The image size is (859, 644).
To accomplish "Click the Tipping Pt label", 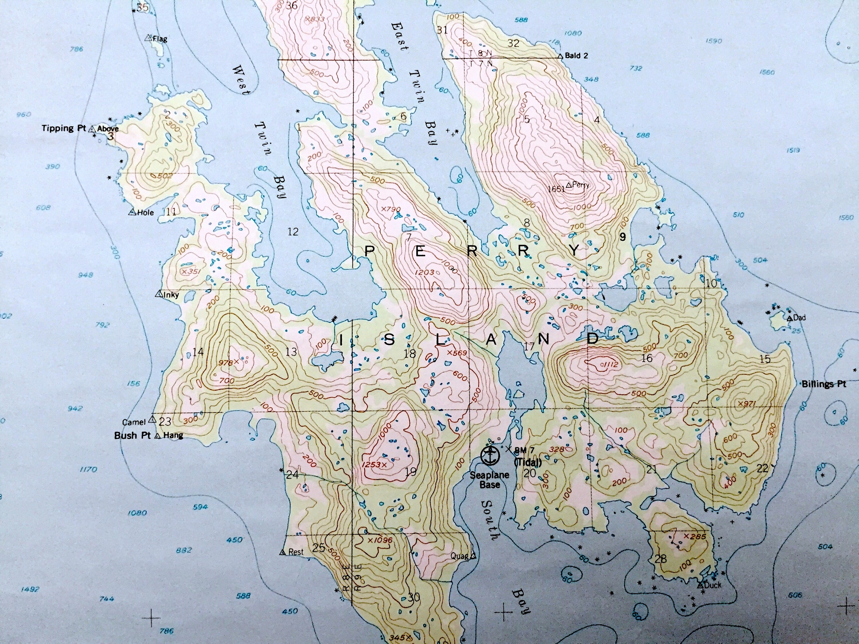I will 63,129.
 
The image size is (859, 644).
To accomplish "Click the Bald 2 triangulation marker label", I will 576,56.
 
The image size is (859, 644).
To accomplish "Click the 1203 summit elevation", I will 424,272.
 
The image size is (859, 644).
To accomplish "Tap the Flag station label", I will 160,39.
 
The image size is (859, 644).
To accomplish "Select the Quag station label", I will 459,556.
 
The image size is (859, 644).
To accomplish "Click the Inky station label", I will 171,295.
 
